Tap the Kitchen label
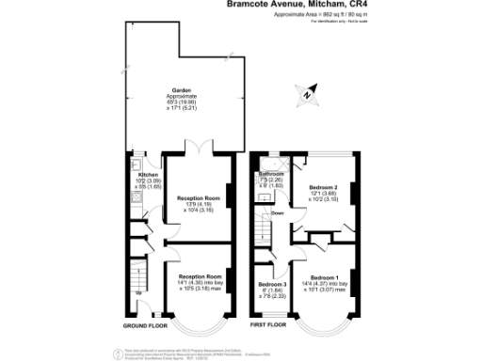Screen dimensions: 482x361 click(x=147, y=175)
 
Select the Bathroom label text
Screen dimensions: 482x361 click(x=272, y=174)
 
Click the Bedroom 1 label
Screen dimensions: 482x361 click(x=323, y=276)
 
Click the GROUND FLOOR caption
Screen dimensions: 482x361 click(x=146, y=324)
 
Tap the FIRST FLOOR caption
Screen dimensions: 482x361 click(x=268, y=324)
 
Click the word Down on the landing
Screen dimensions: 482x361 click(x=278, y=213)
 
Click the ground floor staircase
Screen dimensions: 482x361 click(x=137, y=278)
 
